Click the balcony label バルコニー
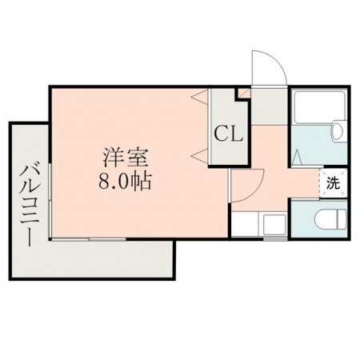(30, 205)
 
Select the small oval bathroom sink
(337, 129)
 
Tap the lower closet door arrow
(197, 154)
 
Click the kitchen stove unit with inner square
(275, 223)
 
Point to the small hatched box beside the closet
(242, 95)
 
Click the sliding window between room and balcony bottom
(88, 239)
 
